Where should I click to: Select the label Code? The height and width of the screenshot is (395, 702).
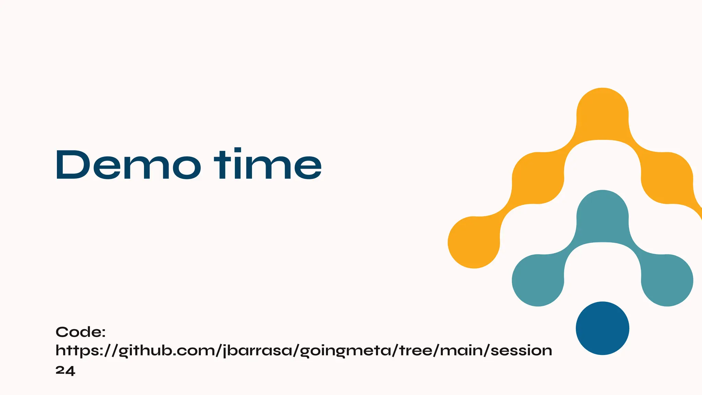pos(81,332)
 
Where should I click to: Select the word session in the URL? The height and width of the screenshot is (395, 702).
pos(521,350)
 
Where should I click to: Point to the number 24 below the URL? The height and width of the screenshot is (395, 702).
pos(65,371)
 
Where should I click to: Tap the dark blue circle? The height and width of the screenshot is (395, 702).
pos(602,328)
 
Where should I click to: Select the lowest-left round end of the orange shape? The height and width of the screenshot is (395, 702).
pos(474,242)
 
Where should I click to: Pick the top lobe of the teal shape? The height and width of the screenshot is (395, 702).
pos(602,216)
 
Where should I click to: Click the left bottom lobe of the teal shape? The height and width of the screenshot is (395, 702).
pos(538,280)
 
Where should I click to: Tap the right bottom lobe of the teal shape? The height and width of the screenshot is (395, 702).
pos(667,280)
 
